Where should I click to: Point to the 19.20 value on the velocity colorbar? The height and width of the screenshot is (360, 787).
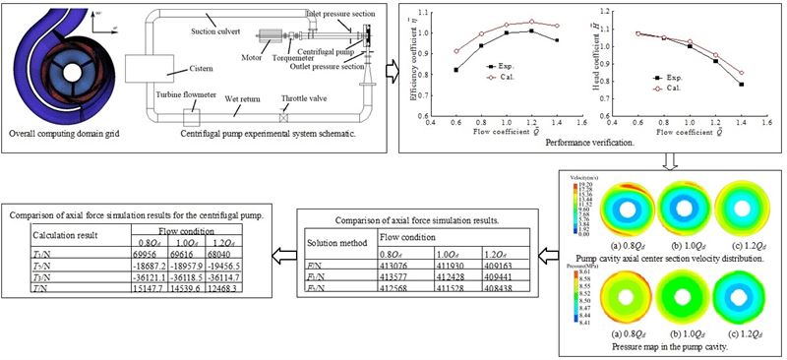click(x=581, y=184)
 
